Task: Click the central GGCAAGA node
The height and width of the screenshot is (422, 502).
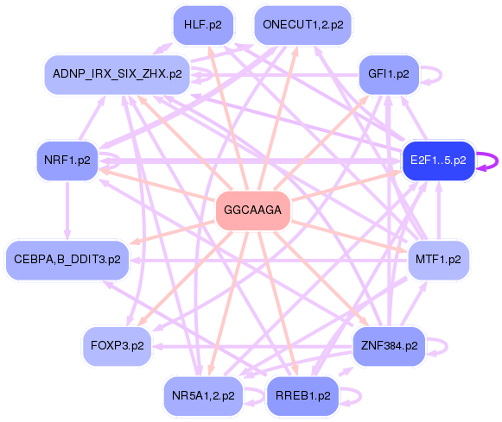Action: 252,210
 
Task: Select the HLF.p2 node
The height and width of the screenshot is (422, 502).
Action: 203,25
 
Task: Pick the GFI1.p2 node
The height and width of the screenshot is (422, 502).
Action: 389,74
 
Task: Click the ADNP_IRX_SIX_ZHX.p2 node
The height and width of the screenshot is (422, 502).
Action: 117,74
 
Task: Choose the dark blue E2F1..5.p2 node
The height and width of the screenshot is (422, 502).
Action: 438,161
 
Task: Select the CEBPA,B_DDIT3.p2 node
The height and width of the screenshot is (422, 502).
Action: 67,259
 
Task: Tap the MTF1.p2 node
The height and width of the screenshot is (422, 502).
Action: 438,259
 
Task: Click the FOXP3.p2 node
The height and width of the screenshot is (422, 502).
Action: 117,345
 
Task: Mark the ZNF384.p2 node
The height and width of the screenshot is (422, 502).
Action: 389,345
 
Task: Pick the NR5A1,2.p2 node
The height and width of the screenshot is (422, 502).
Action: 203,396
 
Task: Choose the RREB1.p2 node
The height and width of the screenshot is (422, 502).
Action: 302,396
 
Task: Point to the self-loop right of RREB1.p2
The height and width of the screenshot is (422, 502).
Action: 355,396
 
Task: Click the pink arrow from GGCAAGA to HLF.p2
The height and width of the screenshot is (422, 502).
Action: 226,112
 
